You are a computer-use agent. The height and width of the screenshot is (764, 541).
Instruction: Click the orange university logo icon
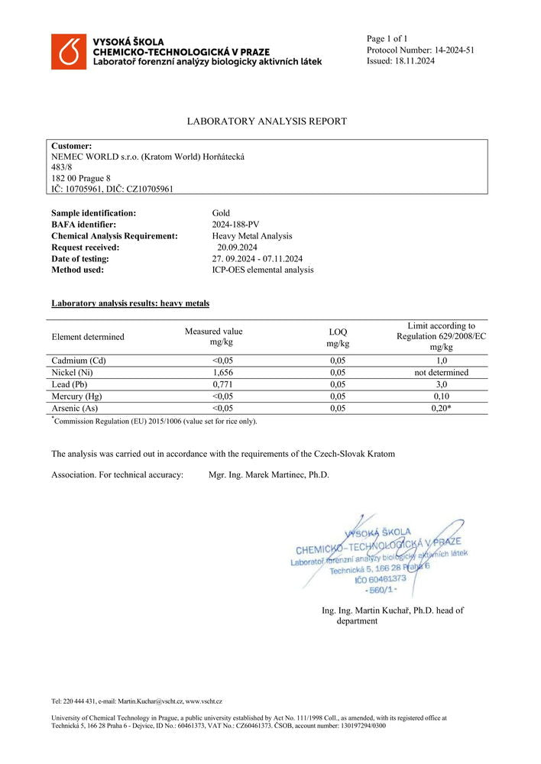[69, 51]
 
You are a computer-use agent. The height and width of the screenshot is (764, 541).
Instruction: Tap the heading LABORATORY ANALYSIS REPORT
[267, 121]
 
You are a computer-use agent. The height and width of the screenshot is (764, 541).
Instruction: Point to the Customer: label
[72, 146]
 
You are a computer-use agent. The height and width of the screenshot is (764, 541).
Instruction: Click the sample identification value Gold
[221, 213]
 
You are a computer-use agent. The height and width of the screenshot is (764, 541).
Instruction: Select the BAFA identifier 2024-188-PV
[236, 225]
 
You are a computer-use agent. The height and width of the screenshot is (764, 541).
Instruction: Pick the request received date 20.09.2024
[237, 248]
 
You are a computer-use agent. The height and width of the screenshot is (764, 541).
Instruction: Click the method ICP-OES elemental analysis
[262, 270]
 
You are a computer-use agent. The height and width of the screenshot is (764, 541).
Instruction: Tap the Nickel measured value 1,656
[213, 373]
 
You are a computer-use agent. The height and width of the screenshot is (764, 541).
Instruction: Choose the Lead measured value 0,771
[213, 384]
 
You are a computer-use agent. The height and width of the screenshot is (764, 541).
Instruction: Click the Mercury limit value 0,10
[441, 397]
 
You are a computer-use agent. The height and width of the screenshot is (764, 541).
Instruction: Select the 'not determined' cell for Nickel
[441, 373]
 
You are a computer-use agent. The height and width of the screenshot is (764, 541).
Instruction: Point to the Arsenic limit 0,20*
[441, 409]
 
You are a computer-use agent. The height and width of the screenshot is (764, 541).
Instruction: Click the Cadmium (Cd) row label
[78, 361]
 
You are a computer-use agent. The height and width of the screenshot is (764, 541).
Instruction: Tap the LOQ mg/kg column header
[337, 338]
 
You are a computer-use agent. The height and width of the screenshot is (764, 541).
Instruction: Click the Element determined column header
[88, 337]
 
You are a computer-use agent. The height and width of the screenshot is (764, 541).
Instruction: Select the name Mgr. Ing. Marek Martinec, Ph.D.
[269, 474]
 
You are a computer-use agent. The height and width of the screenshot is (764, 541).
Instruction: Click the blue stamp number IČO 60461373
[381, 579]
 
